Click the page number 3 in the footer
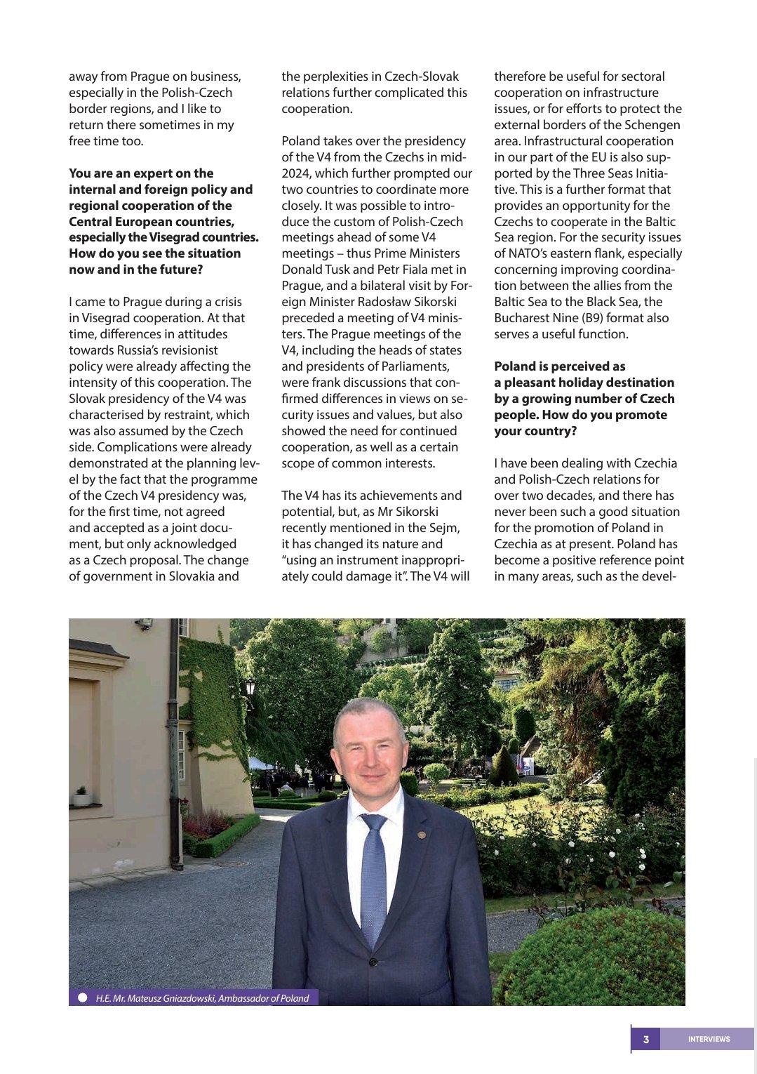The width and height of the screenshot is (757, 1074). pyautogui.click(x=646, y=1039)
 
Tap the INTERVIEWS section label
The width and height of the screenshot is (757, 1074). pyautogui.click(x=709, y=1039)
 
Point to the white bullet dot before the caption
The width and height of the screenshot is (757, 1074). pyautogui.click(x=83, y=997)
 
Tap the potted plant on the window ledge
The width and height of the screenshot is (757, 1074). pyautogui.click(x=81, y=796)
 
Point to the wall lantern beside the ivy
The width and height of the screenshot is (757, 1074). pyautogui.click(x=250, y=686)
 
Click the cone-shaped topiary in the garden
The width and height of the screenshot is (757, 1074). pyautogui.click(x=503, y=765)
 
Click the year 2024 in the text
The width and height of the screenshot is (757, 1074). pyautogui.click(x=296, y=173)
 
